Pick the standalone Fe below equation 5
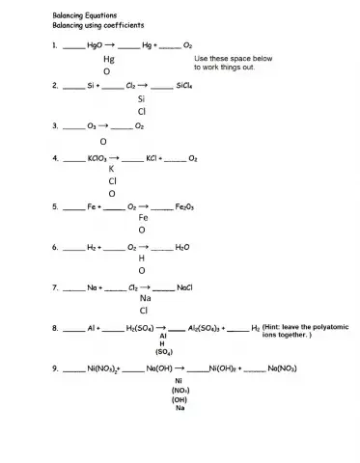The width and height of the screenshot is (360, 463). point(142,218)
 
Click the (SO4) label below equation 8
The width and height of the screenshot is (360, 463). point(179,353)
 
